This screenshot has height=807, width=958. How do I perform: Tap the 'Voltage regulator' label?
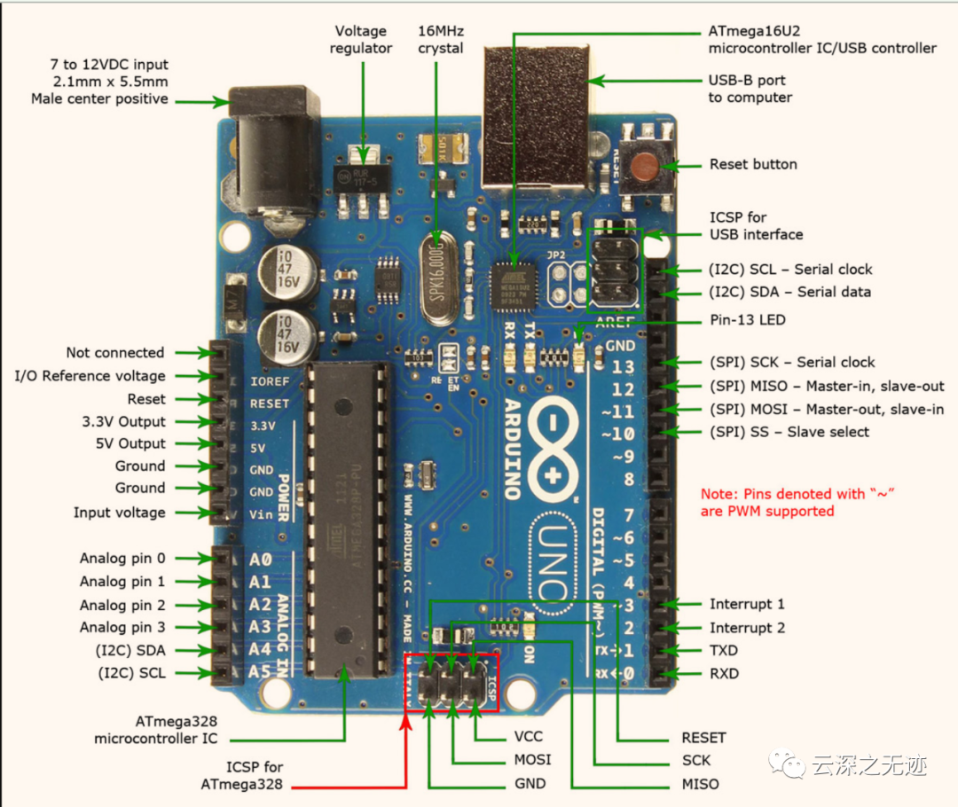(x=361, y=39)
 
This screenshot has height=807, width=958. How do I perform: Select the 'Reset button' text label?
(x=753, y=164)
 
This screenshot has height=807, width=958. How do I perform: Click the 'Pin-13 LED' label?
(x=746, y=319)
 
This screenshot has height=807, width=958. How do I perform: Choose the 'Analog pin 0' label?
(x=122, y=559)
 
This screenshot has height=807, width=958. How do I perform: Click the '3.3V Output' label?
(x=124, y=421)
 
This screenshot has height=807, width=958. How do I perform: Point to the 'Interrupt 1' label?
(x=747, y=604)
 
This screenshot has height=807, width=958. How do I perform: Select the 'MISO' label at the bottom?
(x=700, y=784)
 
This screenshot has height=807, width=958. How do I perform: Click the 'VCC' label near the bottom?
(x=528, y=737)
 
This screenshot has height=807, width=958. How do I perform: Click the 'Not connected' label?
(x=115, y=353)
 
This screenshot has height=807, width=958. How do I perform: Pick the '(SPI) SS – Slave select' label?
(x=789, y=432)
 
